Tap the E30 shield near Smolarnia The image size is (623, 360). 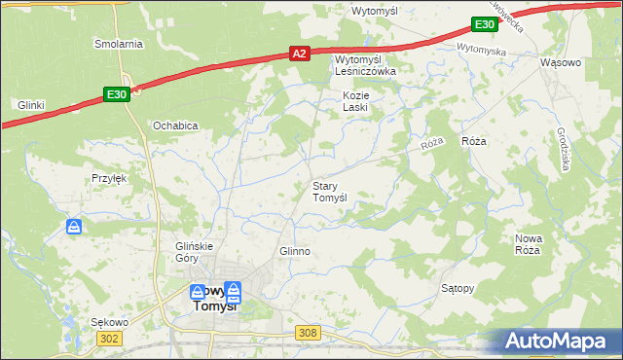[116, 93]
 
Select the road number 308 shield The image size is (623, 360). [308, 333]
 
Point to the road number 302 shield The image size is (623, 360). [110, 337]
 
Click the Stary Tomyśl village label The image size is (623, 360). [330, 192]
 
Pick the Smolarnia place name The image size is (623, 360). [119, 44]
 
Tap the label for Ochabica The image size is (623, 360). [175, 126]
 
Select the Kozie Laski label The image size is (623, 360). [355, 101]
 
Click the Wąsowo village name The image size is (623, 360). [560, 62]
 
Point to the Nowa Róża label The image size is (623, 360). [528, 244]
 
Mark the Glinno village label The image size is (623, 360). [294, 251]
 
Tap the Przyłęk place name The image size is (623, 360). [110, 178]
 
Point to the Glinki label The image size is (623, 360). [32, 104]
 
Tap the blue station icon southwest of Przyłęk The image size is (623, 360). [75, 227]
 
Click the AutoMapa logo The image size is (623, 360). [559, 342]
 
